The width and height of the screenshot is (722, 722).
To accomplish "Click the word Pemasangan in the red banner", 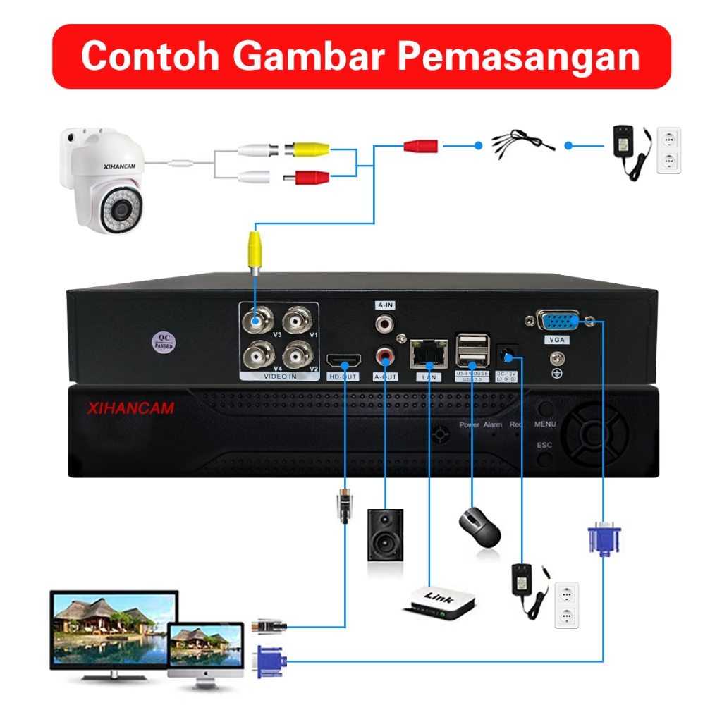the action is [519, 56].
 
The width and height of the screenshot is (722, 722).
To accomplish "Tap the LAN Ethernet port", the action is [429, 353].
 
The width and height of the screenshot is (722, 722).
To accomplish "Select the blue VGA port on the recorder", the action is [558, 322].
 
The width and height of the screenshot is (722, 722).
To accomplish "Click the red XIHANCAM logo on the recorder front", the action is [130, 408].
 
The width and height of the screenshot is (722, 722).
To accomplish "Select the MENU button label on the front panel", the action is [545, 424].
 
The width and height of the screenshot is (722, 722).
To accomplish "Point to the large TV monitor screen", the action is [114, 627].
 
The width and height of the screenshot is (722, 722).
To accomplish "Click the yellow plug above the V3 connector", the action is [255, 250].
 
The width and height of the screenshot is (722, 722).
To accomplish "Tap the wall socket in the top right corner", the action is [668, 149].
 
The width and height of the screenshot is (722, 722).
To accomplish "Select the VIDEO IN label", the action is [280, 377].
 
